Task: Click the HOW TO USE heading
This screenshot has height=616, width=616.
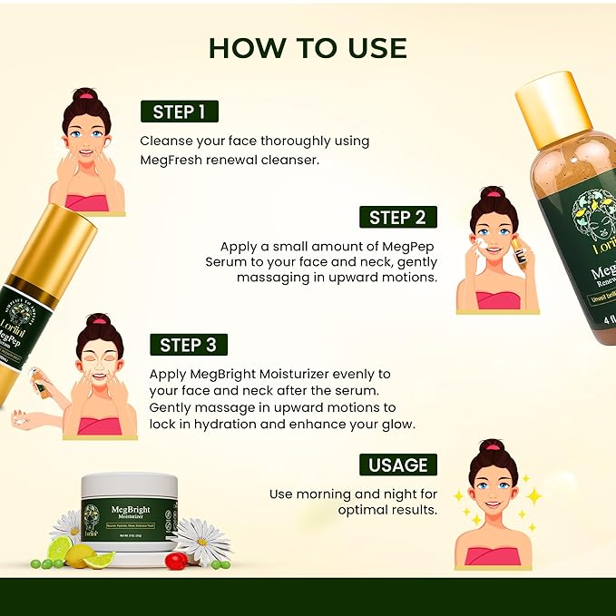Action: [308, 48]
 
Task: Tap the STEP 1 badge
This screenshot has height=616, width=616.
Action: [179, 112]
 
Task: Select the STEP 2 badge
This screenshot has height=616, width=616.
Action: [397, 217]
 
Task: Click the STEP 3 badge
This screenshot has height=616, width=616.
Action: [189, 345]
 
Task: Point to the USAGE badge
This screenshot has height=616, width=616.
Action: [397, 464]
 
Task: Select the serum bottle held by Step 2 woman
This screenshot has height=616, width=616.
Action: [521, 251]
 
